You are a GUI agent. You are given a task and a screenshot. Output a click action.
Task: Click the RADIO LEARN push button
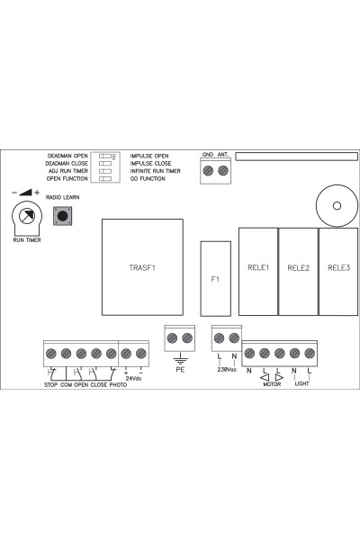pos(62,216)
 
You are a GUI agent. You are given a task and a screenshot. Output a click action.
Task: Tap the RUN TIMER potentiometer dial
pos(27,216)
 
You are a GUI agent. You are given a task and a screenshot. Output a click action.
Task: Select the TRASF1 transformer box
pos(142,267)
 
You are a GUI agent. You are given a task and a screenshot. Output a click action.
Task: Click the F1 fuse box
pos(216,279)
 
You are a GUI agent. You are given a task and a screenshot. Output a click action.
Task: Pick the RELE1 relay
pos(258,272)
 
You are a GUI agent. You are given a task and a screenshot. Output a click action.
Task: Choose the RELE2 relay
pos(298,272)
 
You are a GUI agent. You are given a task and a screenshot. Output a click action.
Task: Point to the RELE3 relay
pos(338,272)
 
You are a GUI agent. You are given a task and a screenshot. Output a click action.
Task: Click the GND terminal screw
pos(208,170)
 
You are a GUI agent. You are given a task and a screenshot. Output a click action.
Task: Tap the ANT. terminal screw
pos(223,170)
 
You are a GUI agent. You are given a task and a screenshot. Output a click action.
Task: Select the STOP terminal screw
pos(51,354)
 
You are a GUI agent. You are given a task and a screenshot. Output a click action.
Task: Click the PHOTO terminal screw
pos(112,354)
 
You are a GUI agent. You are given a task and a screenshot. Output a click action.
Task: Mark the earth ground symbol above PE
pos(180,359)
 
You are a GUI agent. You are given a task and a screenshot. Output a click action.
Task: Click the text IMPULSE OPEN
pos(149,156)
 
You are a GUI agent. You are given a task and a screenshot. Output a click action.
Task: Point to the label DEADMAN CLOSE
pos(67,164)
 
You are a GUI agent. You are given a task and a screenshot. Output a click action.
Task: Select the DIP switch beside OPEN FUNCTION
pos(105,178)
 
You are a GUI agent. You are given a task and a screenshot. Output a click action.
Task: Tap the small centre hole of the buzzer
pos(337,205)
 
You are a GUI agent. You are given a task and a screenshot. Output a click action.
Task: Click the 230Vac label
pos(227,370)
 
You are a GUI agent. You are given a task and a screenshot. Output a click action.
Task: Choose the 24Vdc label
pos(133,378)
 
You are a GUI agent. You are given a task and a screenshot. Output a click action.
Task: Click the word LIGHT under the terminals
pos(301,383)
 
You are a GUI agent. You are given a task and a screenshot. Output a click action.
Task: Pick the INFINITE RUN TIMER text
pos(155,171)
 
